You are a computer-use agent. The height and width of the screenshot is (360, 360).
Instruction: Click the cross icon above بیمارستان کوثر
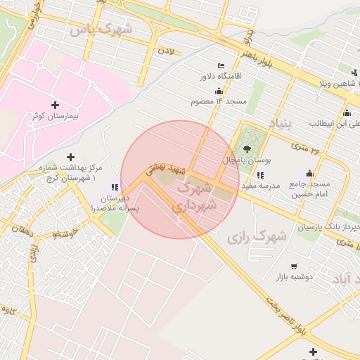coord(55,105)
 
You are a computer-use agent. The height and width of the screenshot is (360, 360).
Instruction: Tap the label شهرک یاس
coord(110,30)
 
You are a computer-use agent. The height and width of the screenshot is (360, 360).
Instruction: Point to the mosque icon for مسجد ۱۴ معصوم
coord(219,91)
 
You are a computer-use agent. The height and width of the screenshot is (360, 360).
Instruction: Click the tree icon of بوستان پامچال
coord(247,148)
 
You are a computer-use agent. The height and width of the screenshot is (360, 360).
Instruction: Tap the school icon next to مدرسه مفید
coord(261,175)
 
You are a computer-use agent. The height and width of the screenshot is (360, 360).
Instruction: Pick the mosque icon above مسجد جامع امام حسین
coord(309,173)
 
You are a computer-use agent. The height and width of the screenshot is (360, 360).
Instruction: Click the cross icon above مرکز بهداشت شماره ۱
coord(70,157)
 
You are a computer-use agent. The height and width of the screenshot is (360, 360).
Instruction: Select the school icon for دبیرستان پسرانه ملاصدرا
coord(115,187)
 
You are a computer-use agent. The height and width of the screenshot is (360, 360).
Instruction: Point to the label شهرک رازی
coord(257,236)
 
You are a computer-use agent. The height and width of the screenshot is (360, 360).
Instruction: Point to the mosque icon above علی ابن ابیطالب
coord(346,112)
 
